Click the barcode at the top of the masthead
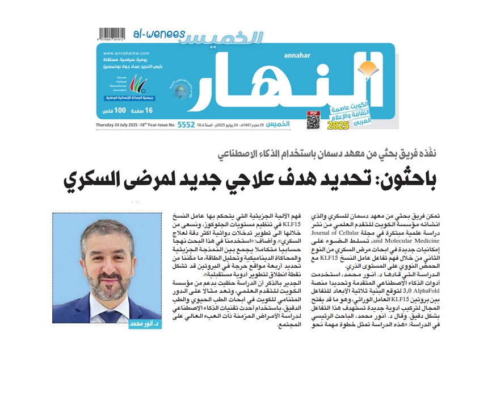click(x=111, y=33)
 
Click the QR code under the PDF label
click(x=313, y=122)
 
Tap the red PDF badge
click(x=313, y=113)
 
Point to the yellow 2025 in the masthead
click(x=339, y=124)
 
